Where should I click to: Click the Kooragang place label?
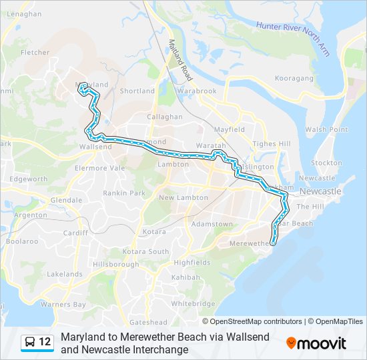(x=294, y=78)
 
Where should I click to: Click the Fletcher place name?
(x=35, y=52)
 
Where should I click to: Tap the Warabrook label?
(x=197, y=91)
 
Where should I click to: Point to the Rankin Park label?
(x=123, y=193)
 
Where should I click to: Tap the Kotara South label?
(x=145, y=251)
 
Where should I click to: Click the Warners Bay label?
(x=63, y=305)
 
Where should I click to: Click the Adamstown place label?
(x=212, y=224)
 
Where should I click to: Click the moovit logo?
(x=316, y=343)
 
